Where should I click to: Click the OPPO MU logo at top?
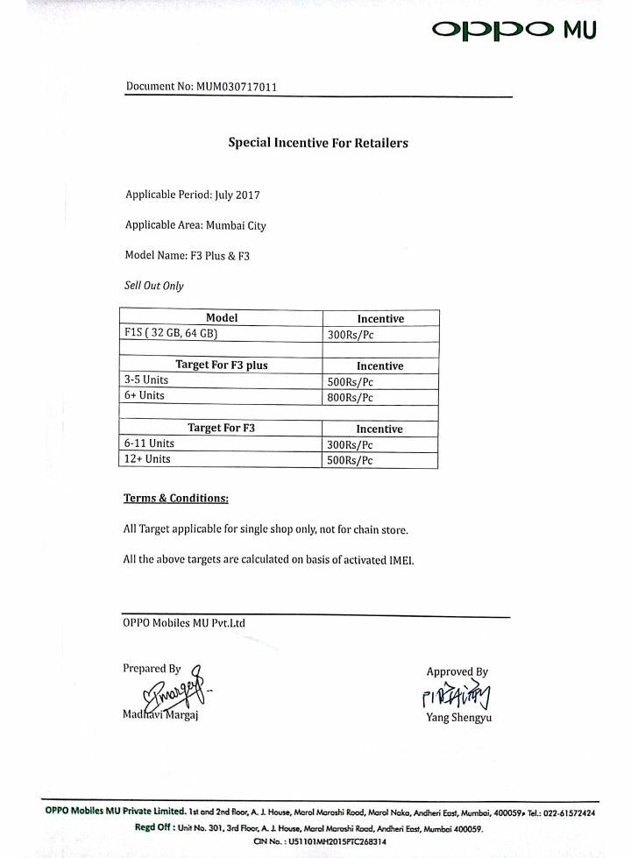[514, 30]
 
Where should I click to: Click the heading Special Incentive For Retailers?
[318, 142]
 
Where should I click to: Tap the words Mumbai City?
[236, 225]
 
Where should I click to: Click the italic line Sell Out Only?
[154, 286]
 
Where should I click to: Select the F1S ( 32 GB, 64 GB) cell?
[171, 334]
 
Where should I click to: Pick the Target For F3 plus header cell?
[221, 365]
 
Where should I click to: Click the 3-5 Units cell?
[146, 380]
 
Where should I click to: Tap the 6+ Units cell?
[145, 396]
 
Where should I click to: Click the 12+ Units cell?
[147, 459]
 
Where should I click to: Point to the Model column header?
[221, 318]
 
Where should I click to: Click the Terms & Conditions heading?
[175, 499]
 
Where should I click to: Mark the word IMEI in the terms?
[401, 560]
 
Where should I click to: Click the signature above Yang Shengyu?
[456, 696]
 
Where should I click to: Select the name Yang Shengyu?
[458, 718]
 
